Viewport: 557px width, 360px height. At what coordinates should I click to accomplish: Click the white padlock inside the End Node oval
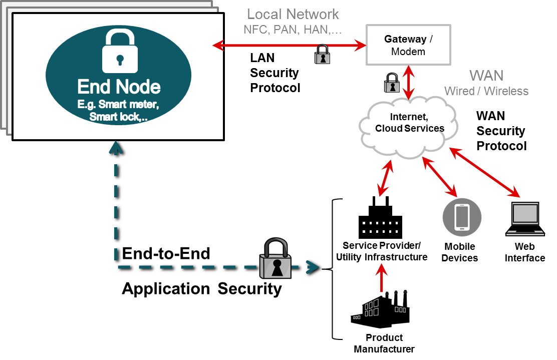click(119, 51)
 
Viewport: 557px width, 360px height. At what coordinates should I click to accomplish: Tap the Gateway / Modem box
click(408, 45)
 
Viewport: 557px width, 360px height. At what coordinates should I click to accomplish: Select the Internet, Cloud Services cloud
click(409, 127)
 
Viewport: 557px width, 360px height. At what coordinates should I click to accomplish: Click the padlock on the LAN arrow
click(322, 55)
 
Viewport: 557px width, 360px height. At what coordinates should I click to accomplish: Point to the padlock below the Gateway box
click(391, 83)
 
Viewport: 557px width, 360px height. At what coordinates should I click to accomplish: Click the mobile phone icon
click(461, 217)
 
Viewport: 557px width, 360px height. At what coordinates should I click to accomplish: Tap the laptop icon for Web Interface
click(524, 220)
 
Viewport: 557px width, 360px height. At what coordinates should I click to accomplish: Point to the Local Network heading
click(293, 14)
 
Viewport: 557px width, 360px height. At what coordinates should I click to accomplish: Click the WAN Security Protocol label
click(501, 131)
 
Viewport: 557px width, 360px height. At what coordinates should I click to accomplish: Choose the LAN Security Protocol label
click(275, 73)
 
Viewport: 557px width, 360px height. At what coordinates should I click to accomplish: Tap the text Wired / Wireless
click(486, 91)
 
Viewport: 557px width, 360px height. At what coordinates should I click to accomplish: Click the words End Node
click(119, 87)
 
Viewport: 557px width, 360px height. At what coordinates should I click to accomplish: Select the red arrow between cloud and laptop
click(484, 171)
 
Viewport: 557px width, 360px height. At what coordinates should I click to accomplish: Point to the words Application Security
click(202, 289)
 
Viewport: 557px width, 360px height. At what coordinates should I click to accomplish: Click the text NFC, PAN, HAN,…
click(293, 30)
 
